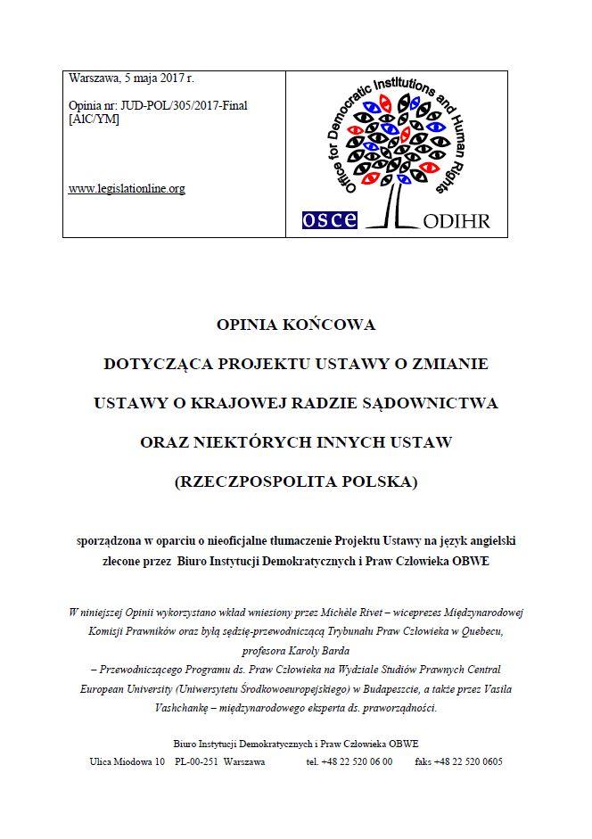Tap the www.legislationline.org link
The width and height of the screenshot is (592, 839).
(x=127, y=189)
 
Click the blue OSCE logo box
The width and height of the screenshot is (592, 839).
(x=329, y=219)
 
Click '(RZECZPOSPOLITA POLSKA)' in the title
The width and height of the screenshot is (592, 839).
(x=296, y=481)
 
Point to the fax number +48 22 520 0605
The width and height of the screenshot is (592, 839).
(x=472, y=761)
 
